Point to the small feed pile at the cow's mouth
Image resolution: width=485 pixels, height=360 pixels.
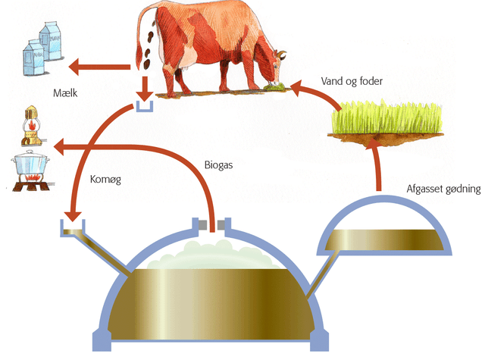[x=278, y=90]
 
